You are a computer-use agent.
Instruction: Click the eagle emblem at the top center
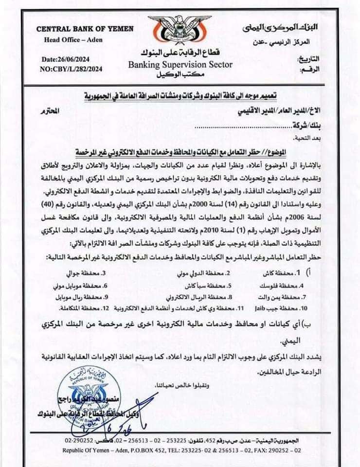180,32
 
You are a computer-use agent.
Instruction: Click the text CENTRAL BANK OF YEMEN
85,29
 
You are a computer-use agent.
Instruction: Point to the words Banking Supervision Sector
180,65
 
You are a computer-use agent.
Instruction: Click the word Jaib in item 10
257,309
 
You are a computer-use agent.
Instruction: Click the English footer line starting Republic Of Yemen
180,450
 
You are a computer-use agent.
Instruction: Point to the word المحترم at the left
50,111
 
